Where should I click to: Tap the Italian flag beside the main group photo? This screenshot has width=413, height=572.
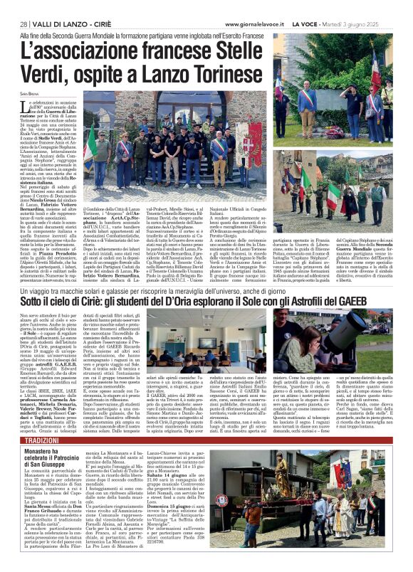point(92,142)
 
